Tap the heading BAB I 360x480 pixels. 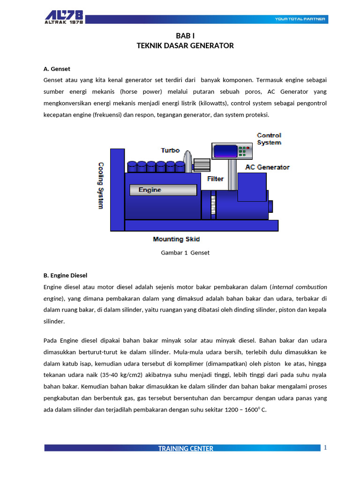pyautogui.click(x=185, y=36)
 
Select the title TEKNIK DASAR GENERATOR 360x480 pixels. pyautogui.click(x=185, y=45)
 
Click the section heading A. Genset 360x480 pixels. pyautogui.click(x=56, y=69)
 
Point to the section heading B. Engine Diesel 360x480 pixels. pyautogui.click(x=65, y=275)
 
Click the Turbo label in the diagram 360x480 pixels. pyautogui.click(x=170, y=150)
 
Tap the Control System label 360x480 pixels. pyautogui.click(x=269, y=139)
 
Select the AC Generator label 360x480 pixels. pyautogui.click(x=267, y=167)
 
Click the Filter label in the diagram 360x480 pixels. pyautogui.click(x=215, y=179)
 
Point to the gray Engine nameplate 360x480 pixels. pyautogui.click(x=163, y=190)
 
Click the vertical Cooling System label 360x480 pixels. pyautogui.click(x=101, y=186)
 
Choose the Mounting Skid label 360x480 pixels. pyautogui.click(x=176, y=239)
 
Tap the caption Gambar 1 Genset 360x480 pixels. pyautogui.click(x=185, y=253)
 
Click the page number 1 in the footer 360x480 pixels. pyautogui.click(x=325, y=448)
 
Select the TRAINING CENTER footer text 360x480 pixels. pyautogui.click(x=186, y=449)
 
